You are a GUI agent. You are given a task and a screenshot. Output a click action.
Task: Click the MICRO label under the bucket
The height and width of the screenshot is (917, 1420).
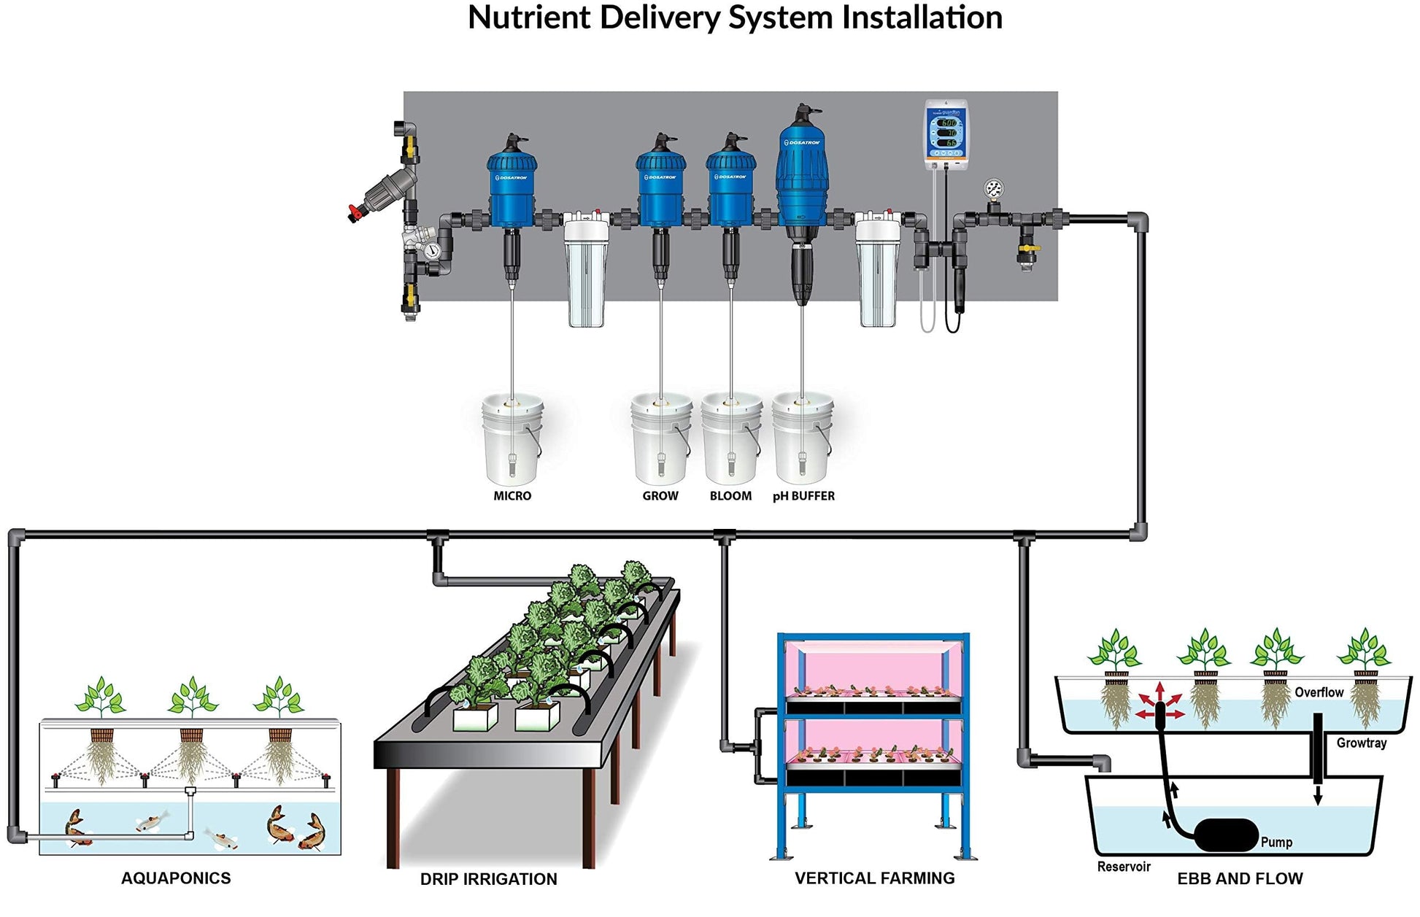(512, 496)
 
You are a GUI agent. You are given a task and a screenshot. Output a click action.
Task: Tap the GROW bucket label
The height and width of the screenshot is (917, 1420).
(660, 496)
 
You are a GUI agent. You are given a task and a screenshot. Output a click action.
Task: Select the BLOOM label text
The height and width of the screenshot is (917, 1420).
(730, 496)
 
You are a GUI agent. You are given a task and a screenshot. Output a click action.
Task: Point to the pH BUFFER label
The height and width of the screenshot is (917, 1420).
(803, 496)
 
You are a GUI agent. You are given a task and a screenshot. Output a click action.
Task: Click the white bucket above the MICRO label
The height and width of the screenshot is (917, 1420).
(512, 438)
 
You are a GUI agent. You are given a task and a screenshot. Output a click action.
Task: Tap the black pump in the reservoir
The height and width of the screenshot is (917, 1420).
(1226, 835)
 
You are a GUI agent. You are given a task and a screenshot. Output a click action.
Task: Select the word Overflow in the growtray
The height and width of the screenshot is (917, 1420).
(1319, 692)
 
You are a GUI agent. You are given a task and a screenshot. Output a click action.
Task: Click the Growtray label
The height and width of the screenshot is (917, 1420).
(1361, 743)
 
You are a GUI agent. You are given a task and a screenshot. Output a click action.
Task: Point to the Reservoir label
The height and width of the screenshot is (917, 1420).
(1124, 867)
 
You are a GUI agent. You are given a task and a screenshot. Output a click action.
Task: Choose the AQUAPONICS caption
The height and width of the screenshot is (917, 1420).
(176, 878)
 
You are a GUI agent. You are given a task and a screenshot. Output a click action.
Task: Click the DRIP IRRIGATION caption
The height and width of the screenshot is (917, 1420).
(488, 879)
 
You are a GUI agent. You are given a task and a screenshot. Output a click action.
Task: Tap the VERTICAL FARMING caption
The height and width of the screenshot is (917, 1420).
(874, 878)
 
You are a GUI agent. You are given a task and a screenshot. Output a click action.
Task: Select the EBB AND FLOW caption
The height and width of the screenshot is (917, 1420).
(1240, 878)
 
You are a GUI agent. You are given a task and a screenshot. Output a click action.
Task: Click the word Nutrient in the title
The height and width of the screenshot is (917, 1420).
(529, 18)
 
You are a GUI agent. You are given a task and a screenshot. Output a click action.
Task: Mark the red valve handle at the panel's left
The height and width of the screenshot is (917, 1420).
(355, 213)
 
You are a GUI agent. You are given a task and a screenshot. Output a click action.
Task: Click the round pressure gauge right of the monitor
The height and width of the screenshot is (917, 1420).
(993, 189)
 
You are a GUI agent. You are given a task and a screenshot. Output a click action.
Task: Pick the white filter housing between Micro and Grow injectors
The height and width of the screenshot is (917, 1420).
(586, 270)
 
